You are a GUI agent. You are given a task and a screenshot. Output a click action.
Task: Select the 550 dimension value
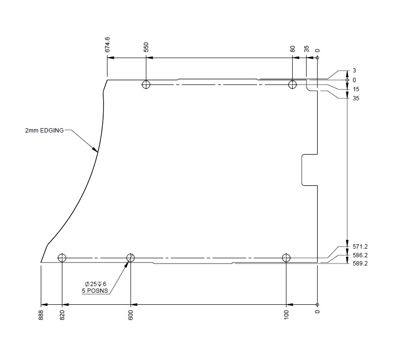pyautogui.click(x=146, y=47)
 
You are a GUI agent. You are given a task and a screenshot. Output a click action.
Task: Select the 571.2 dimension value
pyautogui.click(x=360, y=247)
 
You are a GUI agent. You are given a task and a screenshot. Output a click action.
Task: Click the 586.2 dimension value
pyautogui.click(x=360, y=255)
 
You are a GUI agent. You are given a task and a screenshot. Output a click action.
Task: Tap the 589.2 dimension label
pyautogui.click(x=360, y=264)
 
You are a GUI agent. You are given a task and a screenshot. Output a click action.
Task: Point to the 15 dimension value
pyautogui.click(x=356, y=89)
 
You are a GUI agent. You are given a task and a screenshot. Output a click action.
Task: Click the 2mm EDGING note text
pyautogui.click(x=45, y=130)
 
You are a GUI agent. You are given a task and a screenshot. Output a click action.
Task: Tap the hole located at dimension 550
pyautogui.click(x=146, y=85)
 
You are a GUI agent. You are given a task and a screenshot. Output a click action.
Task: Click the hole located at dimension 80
pyautogui.click(x=293, y=85)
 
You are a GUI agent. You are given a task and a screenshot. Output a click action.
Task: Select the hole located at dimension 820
pyautogui.click(x=62, y=258)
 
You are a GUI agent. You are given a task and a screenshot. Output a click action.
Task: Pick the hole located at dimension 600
pyautogui.click(x=130, y=258)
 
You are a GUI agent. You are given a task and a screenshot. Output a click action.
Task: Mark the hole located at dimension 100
pyautogui.click(x=286, y=258)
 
